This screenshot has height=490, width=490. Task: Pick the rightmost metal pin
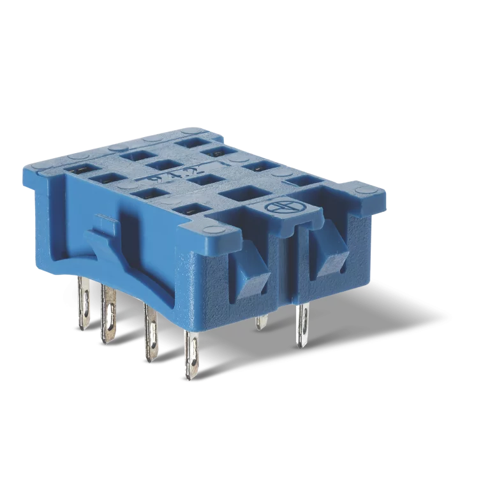pyautogui.click(x=302, y=325)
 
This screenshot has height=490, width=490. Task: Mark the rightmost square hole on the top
pyautogui.click(x=301, y=182)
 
